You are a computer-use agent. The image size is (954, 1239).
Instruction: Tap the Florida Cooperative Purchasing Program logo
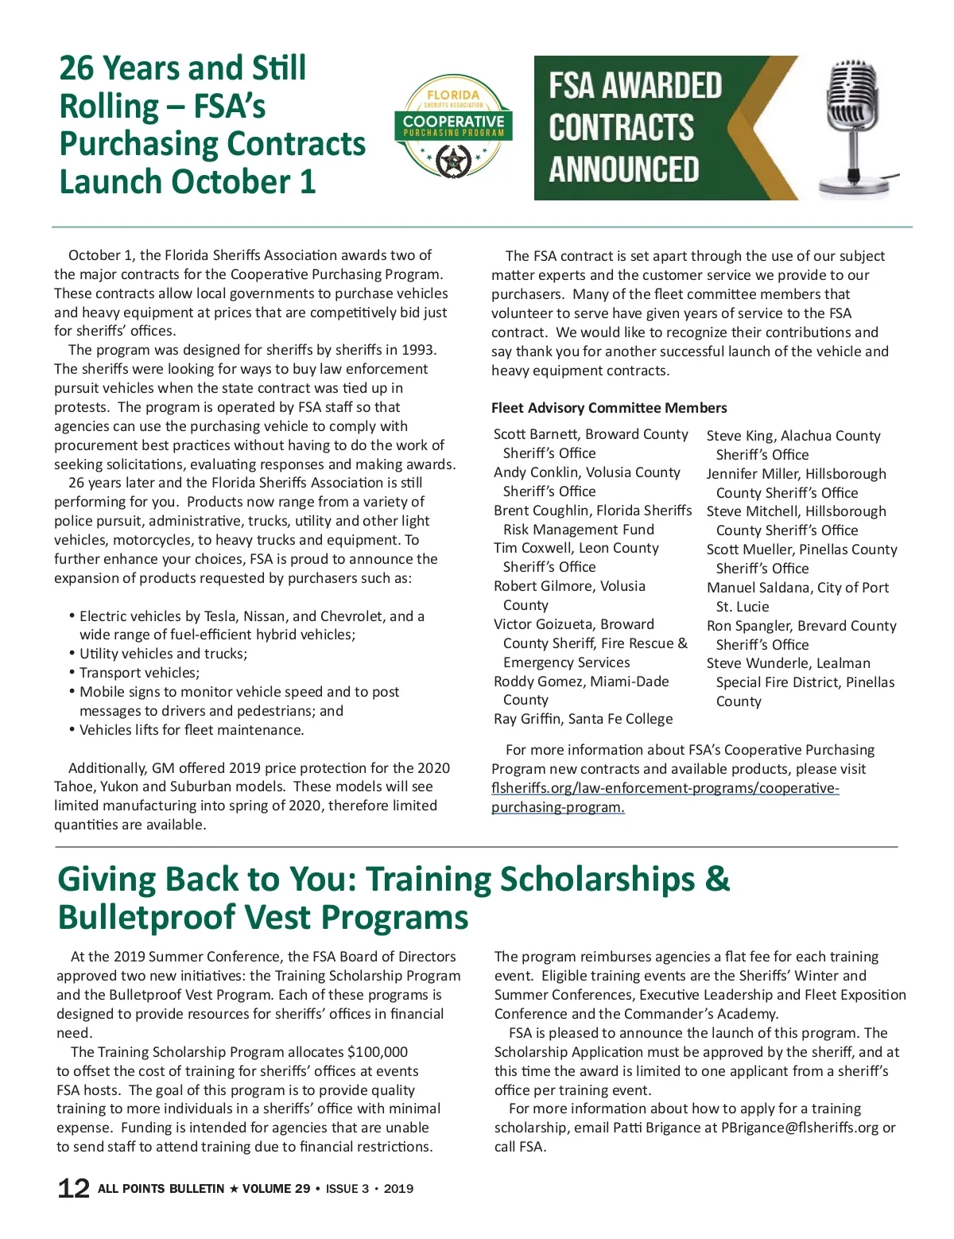[453, 127]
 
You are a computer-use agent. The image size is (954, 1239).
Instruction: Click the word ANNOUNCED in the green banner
[623, 169]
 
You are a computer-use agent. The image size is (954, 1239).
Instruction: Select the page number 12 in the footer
[73, 1188]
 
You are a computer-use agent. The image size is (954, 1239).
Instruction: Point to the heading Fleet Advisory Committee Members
[609, 408]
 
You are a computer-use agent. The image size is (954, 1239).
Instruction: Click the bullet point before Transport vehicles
[72, 672]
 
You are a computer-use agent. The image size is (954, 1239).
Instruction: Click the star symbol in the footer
[234, 1189]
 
